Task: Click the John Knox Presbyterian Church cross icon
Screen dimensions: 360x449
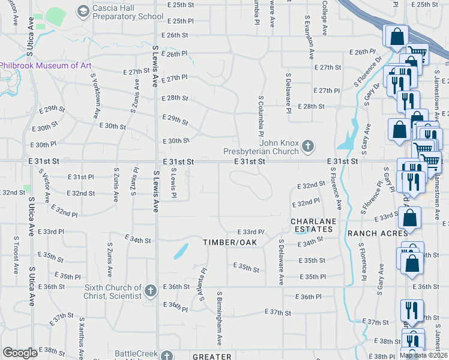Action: [308, 146]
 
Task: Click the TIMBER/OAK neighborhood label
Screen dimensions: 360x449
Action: [229, 242]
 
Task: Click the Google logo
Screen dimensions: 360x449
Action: [20, 353]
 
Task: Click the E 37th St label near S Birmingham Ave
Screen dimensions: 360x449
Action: [278, 313]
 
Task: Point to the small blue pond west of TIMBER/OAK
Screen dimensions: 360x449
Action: [180, 251]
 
